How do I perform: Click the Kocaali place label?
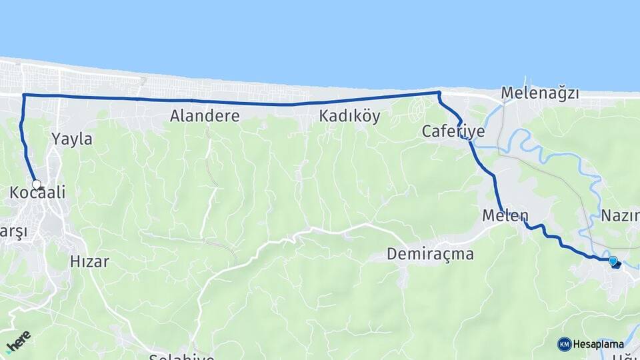pyautogui.click(x=37, y=193)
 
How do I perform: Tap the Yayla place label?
pyautogui.click(x=71, y=139)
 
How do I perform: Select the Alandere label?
pyautogui.click(x=205, y=116)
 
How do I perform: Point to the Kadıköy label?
pyautogui.click(x=349, y=116)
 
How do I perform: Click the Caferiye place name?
pyautogui.click(x=453, y=131)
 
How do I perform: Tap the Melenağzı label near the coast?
pyautogui.click(x=540, y=93)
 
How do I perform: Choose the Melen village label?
pyautogui.click(x=505, y=216)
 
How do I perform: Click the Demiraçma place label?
pyautogui.click(x=431, y=254)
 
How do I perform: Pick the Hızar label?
pyautogui.click(x=89, y=261)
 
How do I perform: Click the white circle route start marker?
pyautogui.click(x=36, y=185)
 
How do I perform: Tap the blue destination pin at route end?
pyautogui.click(x=613, y=261)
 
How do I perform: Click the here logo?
pyautogui.click(x=18, y=341)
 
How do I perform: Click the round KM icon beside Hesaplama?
pyautogui.click(x=564, y=344)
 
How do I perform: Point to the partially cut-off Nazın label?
pyautogui.click(x=621, y=215)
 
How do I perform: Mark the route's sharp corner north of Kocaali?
pyautogui.click(x=24, y=95)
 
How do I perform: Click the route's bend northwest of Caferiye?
pyautogui.click(x=439, y=93)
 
